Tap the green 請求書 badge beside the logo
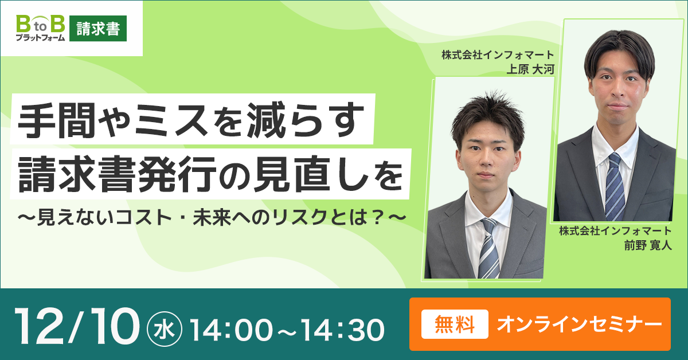pos(98,29)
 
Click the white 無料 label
pos(455,324)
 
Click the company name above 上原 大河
pos(497,56)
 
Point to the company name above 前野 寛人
pos(615,231)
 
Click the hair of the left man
pos(487,112)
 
